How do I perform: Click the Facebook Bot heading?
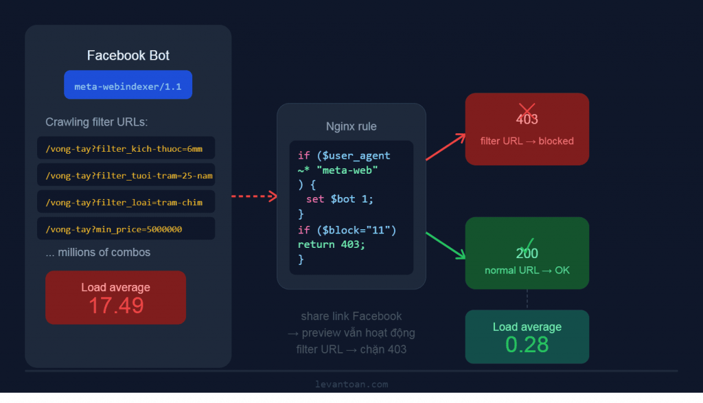coord(128,56)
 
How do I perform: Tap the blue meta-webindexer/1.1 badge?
coord(128,85)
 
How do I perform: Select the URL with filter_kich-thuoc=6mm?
coord(125,148)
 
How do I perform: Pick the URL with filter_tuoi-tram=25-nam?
coord(126,175)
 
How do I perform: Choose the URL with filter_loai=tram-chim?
coord(125,202)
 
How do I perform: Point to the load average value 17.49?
coord(116,306)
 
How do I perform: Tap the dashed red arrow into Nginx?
coord(254,197)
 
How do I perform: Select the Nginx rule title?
coord(351,126)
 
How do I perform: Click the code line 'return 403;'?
coord(332,244)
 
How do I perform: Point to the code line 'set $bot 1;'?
coord(340,199)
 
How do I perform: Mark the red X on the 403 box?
coord(527,110)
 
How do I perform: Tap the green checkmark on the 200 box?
coord(527,244)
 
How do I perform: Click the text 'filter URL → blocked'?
coord(527,141)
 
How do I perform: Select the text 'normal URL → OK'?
coord(527,270)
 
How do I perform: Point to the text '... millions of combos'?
coord(98,252)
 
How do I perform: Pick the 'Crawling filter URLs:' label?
coord(97,122)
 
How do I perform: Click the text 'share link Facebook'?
coord(351,316)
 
